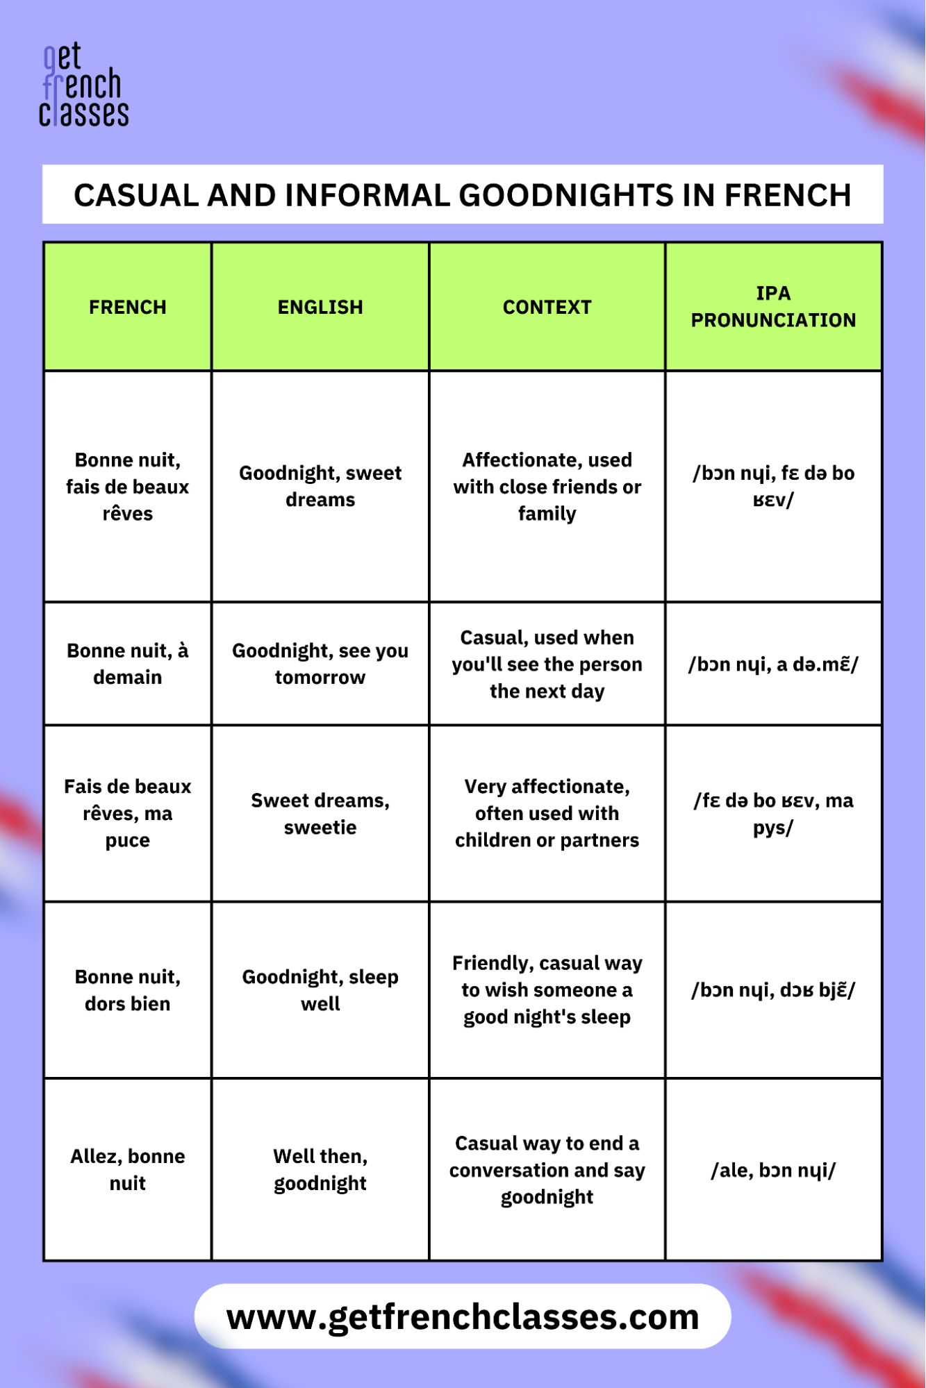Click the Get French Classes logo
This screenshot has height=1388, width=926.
click(83, 85)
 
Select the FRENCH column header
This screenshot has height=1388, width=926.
click(128, 307)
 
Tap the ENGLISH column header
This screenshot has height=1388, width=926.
click(320, 307)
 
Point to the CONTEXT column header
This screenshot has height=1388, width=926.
click(547, 307)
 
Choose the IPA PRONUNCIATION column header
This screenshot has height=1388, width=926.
click(773, 306)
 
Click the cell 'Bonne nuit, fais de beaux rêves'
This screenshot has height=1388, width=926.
click(128, 486)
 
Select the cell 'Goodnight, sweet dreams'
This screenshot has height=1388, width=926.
click(320, 486)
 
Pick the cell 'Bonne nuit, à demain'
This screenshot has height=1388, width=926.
click(128, 664)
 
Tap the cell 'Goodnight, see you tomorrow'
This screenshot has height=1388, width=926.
click(320, 664)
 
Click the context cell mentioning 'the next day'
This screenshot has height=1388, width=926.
click(547, 664)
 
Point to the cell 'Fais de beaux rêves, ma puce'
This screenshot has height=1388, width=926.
click(128, 813)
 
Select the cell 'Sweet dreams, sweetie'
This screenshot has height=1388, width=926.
click(320, 813)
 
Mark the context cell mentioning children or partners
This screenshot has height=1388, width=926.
click(547, 813)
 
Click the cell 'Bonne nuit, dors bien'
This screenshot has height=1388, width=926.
click(128, 990)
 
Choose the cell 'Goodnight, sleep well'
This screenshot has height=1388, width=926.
click(320, 990)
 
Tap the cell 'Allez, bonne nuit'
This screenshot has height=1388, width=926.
click(128, 1169)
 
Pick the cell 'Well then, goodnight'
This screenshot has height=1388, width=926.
click(320, 1169)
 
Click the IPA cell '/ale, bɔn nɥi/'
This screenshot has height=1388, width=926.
click(773, 1170)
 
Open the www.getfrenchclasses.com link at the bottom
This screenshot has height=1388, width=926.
click(463, 1316)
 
